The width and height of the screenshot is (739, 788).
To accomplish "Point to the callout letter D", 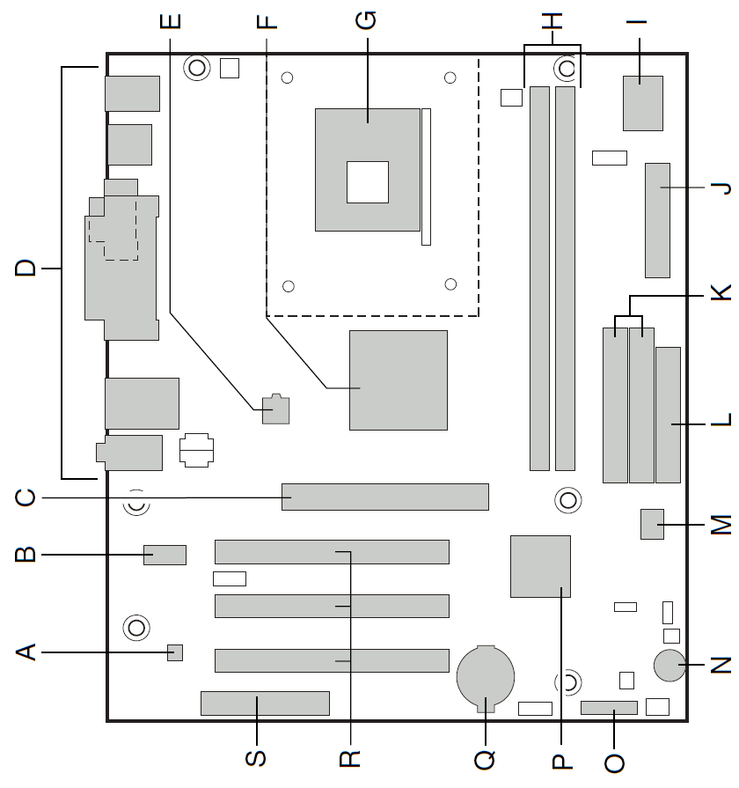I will coord(27,268).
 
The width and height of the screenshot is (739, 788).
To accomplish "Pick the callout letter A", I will coord(27,652).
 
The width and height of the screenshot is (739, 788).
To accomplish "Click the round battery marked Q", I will coord(484,678).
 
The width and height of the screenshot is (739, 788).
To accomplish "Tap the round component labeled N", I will coord(669,666).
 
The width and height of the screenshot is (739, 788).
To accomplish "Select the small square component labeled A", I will coord(175,652).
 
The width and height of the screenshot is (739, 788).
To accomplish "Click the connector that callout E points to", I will coord(276,409).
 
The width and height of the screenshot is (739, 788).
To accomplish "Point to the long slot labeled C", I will coord(384,497).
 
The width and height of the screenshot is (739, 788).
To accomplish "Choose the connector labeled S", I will coord(265,703).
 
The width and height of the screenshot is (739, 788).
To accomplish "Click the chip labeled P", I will coord(540,566).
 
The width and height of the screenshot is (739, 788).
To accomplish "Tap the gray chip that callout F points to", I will coord(398,380).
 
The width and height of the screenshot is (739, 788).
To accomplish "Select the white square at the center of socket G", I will coord(367,182).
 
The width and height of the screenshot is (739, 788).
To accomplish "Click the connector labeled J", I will coord(656,219).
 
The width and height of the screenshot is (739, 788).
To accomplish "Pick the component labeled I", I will coord(642,103).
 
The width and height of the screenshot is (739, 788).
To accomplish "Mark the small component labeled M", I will coord(652,524).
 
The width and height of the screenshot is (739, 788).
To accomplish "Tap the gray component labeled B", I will coord(165,555).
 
